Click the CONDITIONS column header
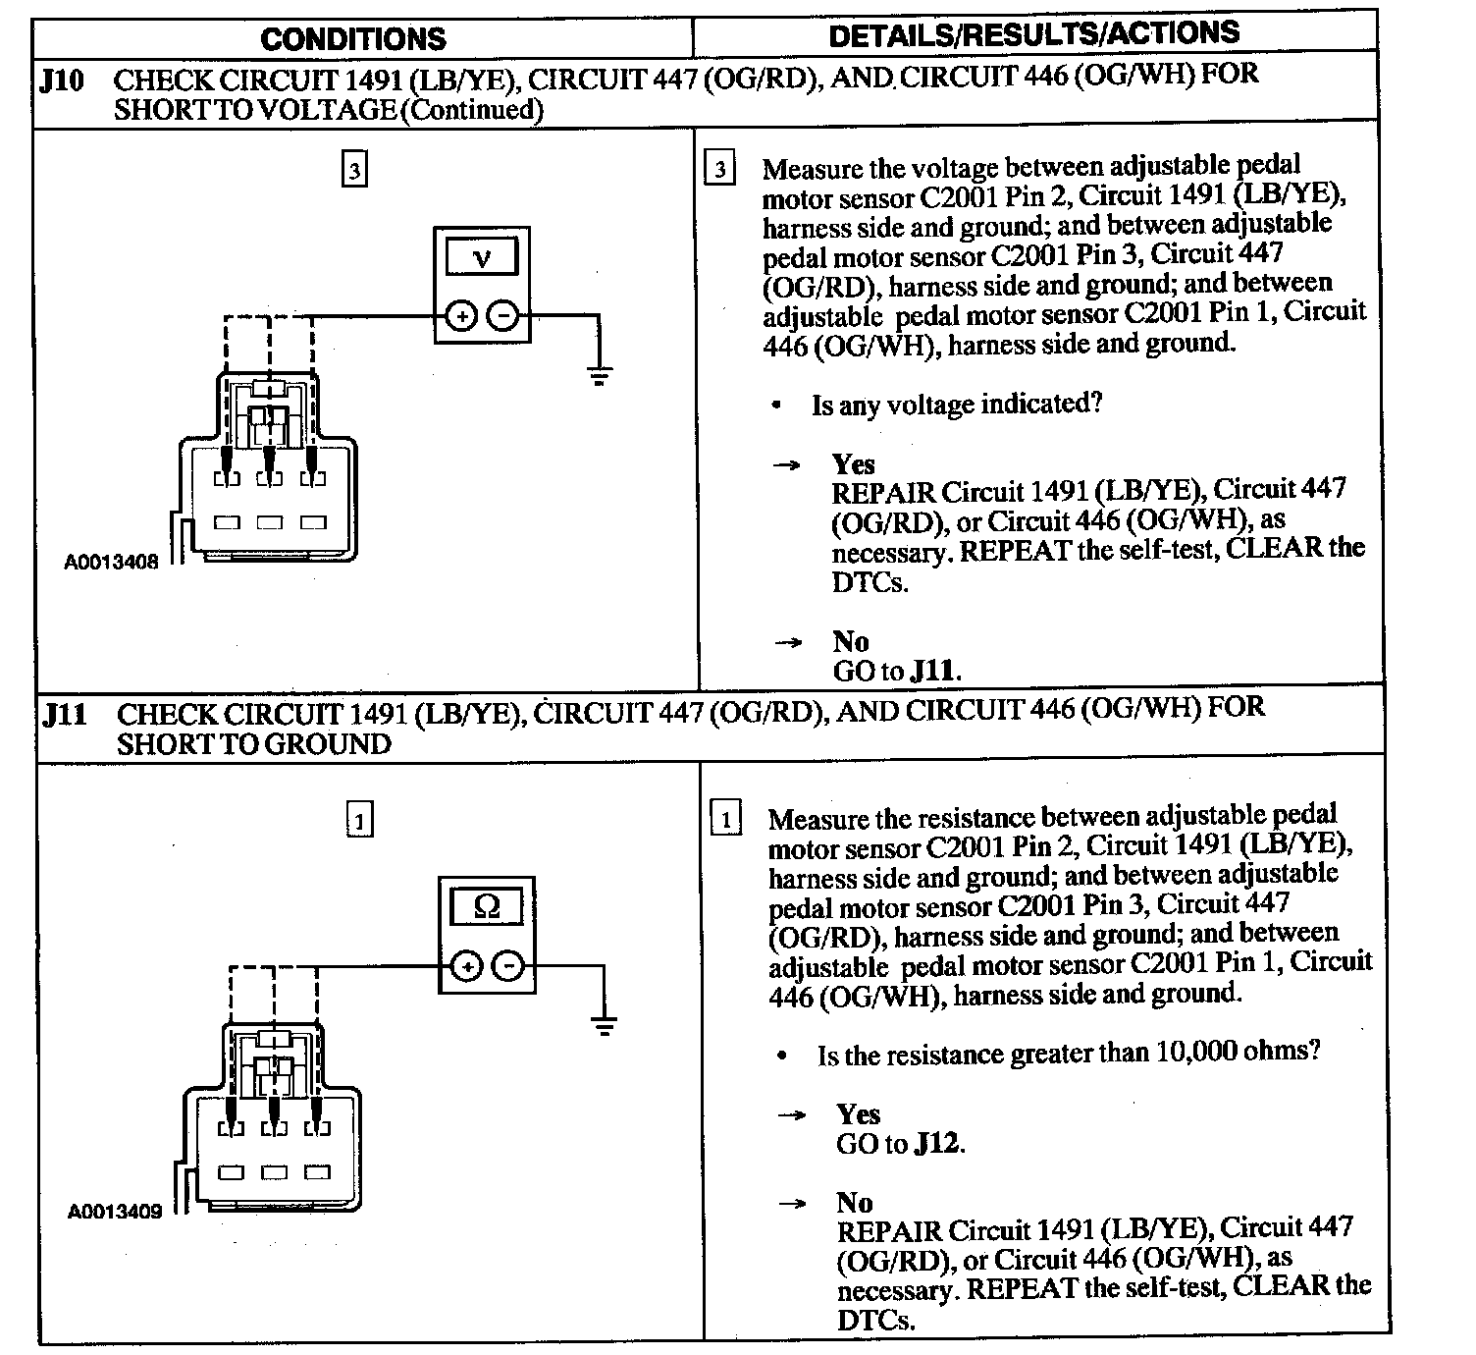click(353, 39)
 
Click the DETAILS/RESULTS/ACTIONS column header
click(1033, 34)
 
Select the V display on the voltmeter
click(482, 258)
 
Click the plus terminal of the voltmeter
click(461, 316)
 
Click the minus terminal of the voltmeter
click(501, 316)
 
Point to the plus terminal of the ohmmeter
click(467, 966)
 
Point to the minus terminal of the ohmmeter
click(507, 966)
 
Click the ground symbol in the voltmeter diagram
click(599, 374)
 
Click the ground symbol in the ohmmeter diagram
click(605, 1026)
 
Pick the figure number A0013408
click(111, 563)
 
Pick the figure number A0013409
click(115, 1212)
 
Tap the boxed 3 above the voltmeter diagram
click(353, 171)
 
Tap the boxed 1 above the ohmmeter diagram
click(360, 820)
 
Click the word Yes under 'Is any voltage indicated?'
click(853, 462)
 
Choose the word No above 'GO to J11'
click(851, 641)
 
